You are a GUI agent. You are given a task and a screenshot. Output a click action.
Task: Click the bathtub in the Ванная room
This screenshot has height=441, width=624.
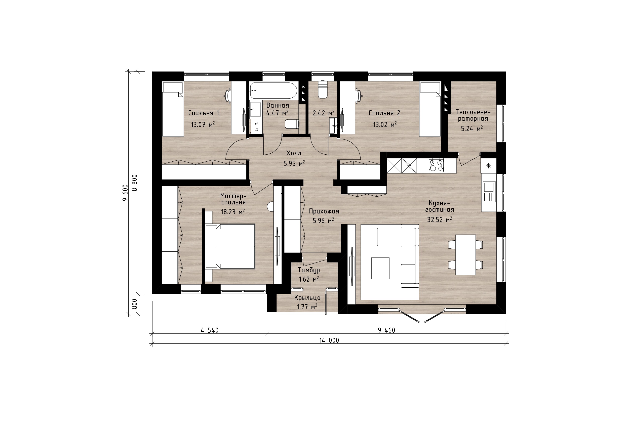(274, 91)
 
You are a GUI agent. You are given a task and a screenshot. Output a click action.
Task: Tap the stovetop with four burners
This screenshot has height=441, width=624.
(436, 165)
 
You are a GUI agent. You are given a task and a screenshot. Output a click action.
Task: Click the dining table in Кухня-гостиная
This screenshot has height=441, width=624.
(465, 255)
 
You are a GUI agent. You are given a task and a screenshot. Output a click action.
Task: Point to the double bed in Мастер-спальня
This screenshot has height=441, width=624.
(230, 246)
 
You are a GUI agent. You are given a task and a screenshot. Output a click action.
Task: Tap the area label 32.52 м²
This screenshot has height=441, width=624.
(440, 219)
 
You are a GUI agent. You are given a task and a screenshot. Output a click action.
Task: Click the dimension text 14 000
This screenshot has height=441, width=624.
(329, 340)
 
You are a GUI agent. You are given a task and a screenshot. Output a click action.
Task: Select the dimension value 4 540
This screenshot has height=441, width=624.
(210, 330)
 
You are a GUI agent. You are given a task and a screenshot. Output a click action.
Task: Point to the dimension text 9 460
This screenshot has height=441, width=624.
(386, 330)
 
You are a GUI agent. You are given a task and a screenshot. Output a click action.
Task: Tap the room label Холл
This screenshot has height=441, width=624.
(294, 153)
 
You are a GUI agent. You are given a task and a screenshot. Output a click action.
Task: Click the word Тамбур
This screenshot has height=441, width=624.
(309, 270)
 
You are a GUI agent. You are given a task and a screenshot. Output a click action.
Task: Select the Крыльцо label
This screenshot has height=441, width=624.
(307, 298)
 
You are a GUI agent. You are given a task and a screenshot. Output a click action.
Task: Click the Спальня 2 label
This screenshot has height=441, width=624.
(384, 113)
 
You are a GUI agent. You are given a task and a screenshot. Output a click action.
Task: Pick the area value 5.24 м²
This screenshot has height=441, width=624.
(472, 128)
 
